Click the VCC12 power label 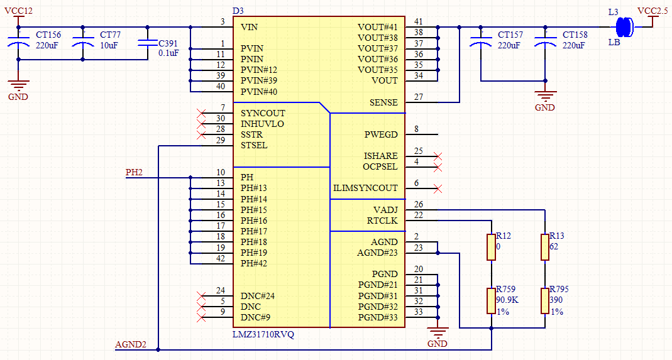18,11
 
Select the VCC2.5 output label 653,11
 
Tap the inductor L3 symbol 623,26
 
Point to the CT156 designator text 48,35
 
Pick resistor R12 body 491,247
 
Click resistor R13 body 544,247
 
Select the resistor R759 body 491,300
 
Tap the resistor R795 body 544,300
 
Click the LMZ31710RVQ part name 263,334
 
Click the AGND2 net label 131,344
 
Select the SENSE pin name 383,102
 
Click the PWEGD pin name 381,134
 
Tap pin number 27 419,97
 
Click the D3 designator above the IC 238,11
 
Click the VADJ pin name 385,210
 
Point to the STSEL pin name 254,145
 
